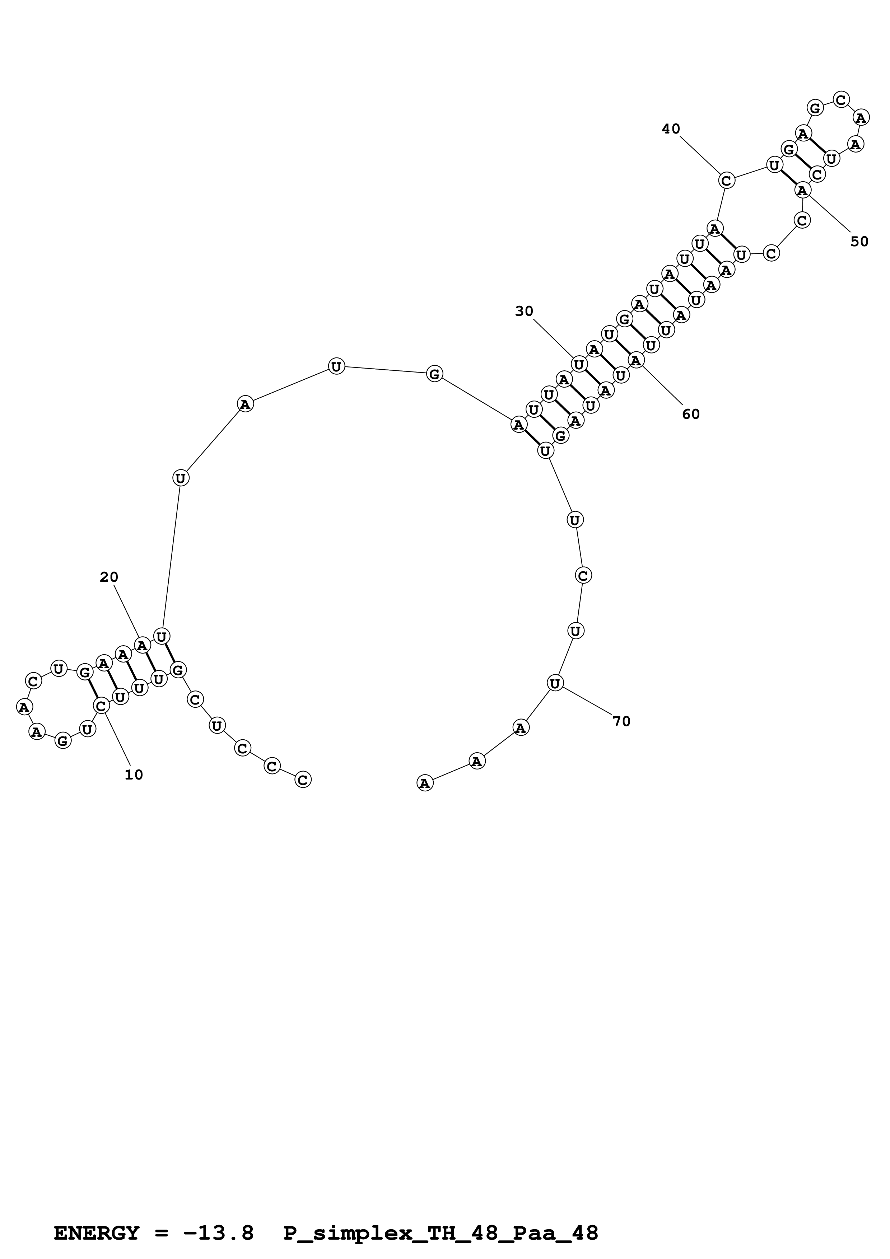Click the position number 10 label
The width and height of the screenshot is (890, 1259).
tap(134, 775)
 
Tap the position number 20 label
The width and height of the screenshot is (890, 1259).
tap(109, 577)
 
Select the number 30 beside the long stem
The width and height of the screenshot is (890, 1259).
tap(524, 312)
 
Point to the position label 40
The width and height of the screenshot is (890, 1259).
tap(671, 129)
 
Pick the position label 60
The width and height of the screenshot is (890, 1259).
tap(691, 415)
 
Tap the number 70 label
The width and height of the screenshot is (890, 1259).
tap(621, 722)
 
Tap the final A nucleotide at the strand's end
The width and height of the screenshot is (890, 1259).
tap(425, 783)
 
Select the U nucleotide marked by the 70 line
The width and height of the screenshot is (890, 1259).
tap(555, 683)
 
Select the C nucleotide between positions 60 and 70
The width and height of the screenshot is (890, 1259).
tap(583, 576)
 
